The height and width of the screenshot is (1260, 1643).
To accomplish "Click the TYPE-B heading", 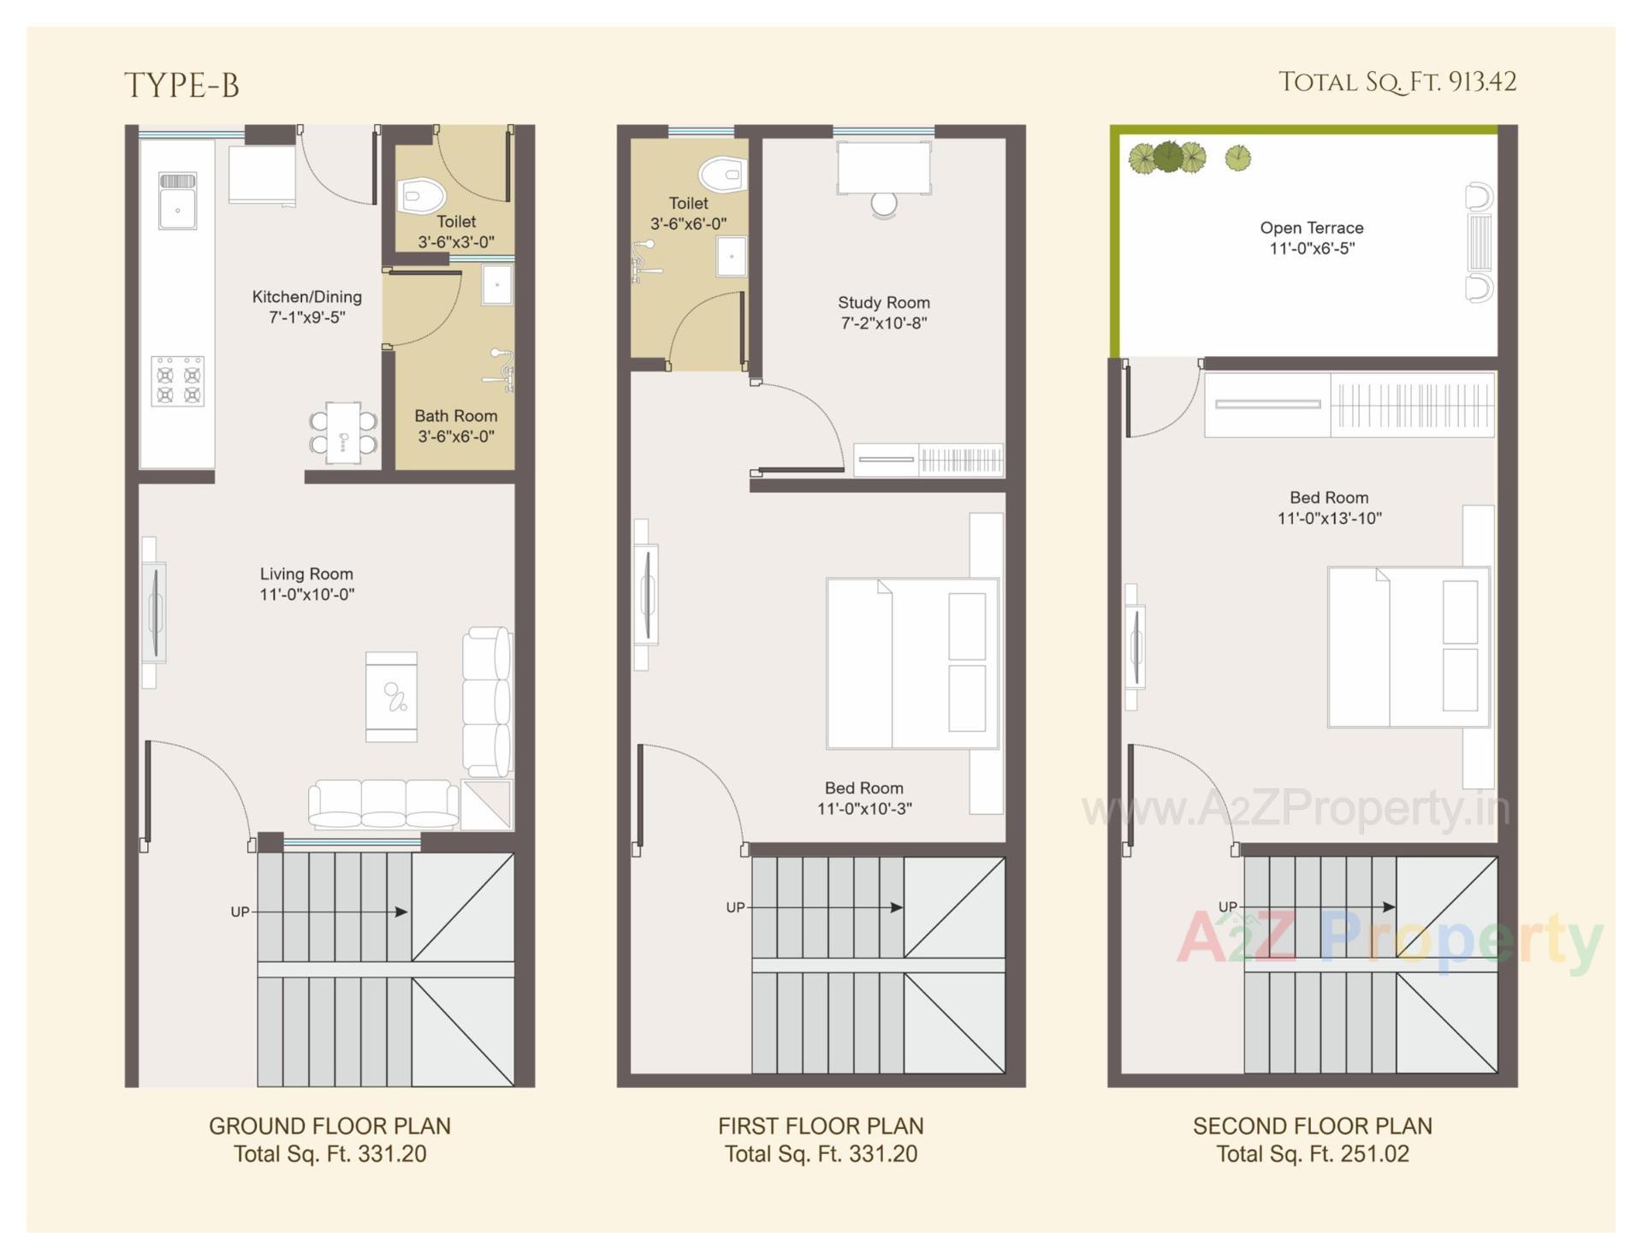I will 181,86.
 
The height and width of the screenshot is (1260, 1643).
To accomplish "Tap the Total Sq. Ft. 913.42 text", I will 1397,82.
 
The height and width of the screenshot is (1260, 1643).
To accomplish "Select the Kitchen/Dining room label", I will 306,297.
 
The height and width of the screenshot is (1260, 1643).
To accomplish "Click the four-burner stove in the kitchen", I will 177,381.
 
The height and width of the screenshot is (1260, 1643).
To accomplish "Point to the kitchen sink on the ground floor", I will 177,200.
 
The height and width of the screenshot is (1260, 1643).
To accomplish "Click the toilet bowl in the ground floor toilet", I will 419,195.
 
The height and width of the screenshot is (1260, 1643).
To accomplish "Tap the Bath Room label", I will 455,416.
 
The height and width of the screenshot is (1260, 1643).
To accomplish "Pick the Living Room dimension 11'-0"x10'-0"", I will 306,595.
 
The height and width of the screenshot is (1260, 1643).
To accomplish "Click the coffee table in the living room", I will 391,697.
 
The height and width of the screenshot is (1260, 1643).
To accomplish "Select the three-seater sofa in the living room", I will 383,805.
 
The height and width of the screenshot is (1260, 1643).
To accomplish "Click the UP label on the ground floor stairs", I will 240,912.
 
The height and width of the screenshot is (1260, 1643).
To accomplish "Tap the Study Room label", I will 883,303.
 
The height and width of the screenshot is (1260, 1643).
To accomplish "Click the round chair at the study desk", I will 884,205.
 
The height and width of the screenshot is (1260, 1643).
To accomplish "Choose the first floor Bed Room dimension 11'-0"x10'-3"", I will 864,809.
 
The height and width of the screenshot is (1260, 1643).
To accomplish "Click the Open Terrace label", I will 1311,228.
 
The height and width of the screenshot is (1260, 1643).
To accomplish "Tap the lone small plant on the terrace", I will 1237,157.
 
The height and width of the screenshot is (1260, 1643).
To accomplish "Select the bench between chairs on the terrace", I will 1479,242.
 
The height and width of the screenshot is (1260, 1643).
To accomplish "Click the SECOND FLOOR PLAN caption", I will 1312,1126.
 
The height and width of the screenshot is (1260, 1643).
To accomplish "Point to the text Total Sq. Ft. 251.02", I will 1312,1155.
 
